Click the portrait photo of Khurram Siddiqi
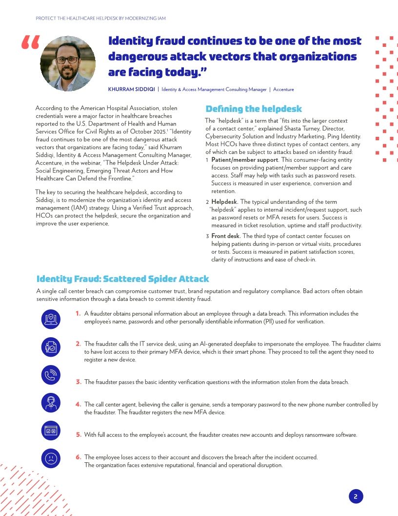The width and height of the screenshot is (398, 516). (67, 64)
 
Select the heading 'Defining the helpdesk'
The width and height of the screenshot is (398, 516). (254, 109)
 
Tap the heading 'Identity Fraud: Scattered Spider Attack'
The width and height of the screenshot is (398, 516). (122, 279)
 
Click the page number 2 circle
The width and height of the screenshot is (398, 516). (356, 496)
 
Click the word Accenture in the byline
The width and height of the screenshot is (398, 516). (283, 89)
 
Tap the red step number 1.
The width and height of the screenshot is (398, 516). (78, 314)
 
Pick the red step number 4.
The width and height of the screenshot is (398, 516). (78, 405)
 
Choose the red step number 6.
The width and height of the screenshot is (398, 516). (78, 457)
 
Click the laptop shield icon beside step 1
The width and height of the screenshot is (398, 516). (51, 319)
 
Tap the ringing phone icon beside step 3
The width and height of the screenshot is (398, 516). (51, 375)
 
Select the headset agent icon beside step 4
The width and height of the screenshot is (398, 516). (51, 404)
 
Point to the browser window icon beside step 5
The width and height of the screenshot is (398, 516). (51, 431)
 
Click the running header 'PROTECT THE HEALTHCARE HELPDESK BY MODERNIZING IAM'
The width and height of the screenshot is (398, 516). (101, 19)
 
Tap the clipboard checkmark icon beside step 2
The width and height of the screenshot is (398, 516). (51, 347)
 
